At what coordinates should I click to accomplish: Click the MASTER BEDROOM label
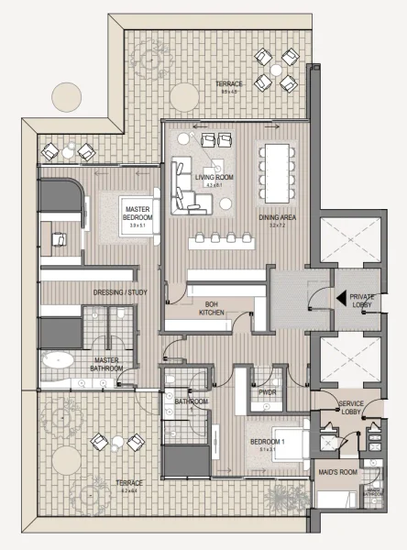point(137,213)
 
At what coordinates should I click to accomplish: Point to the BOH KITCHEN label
point(212,309)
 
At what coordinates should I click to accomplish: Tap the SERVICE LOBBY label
point(353,407)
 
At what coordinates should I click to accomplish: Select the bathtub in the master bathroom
point(61,359)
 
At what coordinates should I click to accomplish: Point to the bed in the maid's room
point(337,498)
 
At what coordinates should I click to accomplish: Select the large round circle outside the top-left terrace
point(66,95)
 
